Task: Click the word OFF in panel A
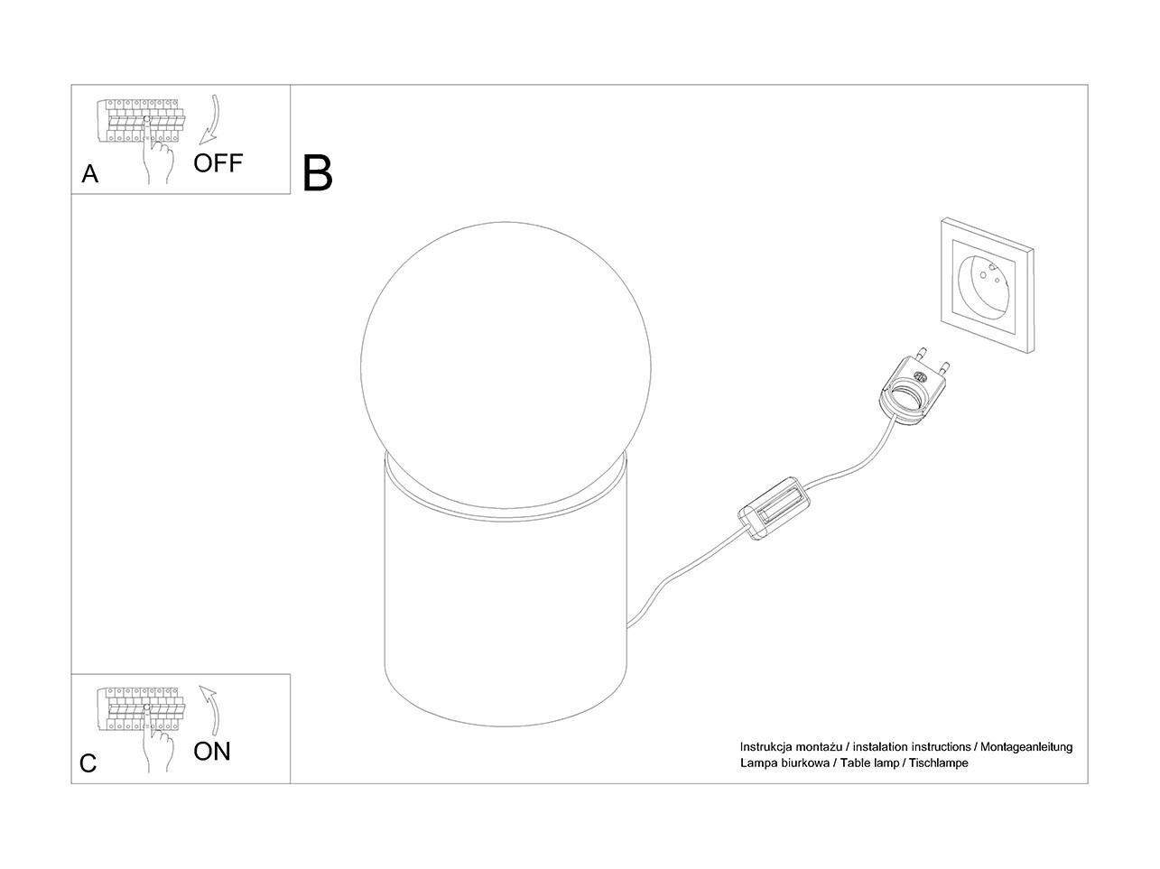(x=218, y=163)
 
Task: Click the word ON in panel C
(x=212, y=751)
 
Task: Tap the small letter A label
(x=90, y=174)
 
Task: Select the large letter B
(x=317, y=172)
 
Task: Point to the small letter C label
(x=88, y=763)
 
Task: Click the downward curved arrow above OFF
(x=212, y=120)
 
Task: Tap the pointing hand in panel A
(x=157, y=153)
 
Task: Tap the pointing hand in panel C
(x=157, y=740)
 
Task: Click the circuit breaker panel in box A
(x=141, y=120)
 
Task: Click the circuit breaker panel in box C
(x=141, y=709)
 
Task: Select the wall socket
(x=988, y=285)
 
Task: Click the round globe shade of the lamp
(x=506, y=365)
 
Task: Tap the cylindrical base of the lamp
(x=506, y=618)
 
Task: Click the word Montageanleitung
(x=1026, y=747)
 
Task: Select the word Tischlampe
(x=939, y=763)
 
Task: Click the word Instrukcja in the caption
(x=766, y=747)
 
